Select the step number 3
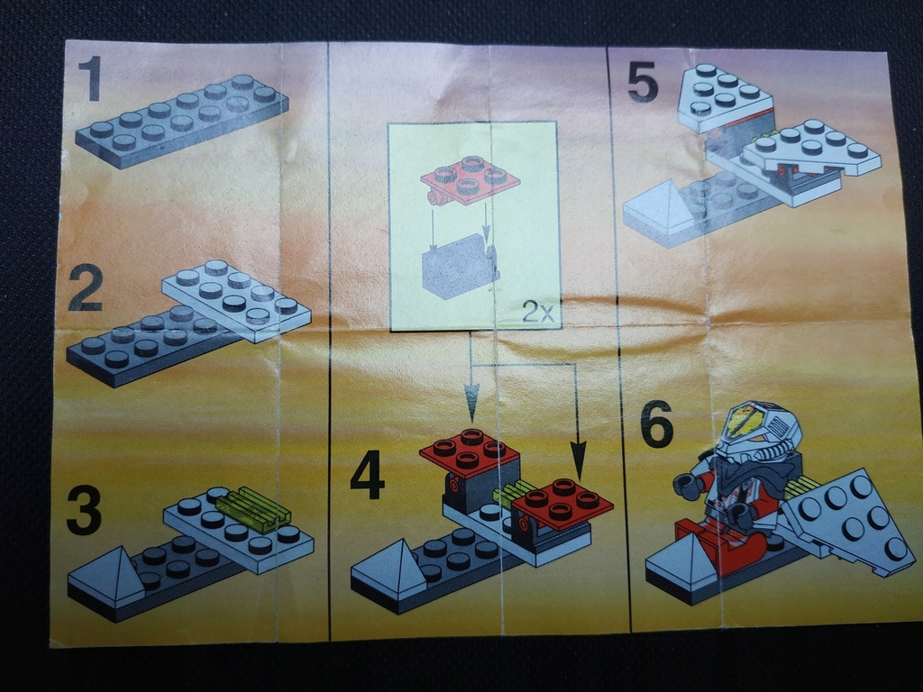point(85,511)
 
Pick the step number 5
point(644,83)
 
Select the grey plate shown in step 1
point(181,120)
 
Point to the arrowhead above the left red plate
point(471,396)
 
